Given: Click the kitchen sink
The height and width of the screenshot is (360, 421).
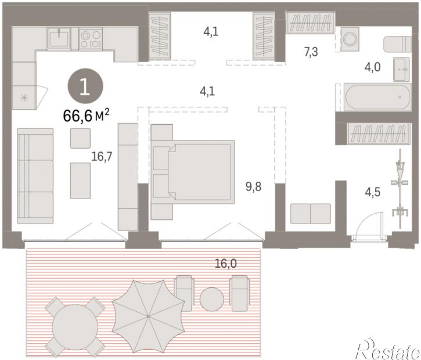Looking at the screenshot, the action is coord(59,39).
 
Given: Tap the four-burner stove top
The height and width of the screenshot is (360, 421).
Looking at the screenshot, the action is coord(91,39).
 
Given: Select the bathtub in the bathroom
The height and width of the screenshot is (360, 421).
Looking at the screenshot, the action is coord(377,97).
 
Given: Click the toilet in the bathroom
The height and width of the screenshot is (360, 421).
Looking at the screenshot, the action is coord(398,45).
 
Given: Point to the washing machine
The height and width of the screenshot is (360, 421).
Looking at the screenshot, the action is coord(350,39).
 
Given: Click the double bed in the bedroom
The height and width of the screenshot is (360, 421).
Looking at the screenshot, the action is coord(192,172).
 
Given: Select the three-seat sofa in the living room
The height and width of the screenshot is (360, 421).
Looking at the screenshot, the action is coord(35,176).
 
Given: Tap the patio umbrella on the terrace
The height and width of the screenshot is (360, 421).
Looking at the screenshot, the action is coord(148,316).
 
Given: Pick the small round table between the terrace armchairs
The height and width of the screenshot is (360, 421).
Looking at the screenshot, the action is coord(212,300).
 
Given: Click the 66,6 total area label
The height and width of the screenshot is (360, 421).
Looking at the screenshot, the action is coord(86,116).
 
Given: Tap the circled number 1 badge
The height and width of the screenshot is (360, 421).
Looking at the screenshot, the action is coord(85,86).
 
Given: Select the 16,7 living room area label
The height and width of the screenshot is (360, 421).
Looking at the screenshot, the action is coord(102,156).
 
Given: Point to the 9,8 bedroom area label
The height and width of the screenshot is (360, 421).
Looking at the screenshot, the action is coord(253,186).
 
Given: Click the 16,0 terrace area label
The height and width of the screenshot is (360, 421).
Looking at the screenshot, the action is coord(226,264).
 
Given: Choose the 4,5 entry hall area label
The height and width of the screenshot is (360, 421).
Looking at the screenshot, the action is coord(373,192).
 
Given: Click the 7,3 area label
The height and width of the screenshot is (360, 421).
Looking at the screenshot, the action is coord(311,52).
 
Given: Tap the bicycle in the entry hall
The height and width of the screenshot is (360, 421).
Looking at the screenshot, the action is coord(400,189).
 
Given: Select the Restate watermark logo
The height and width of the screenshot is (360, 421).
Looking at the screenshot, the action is coord(387,348).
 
